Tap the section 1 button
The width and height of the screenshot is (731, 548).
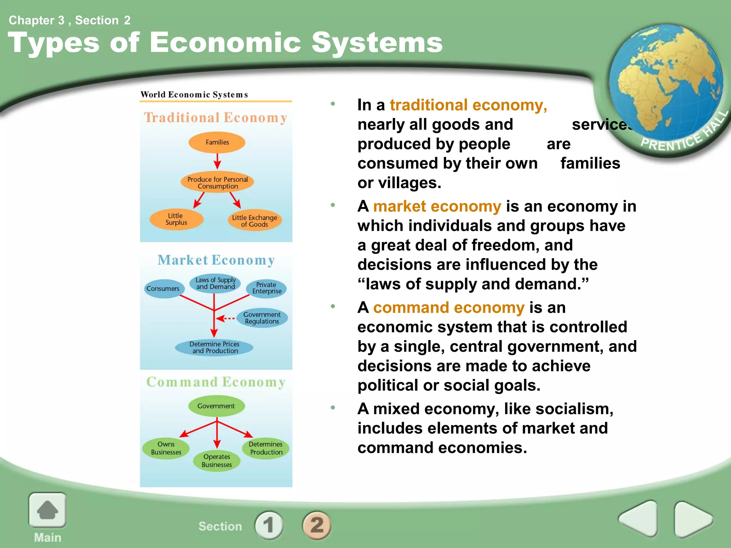269,525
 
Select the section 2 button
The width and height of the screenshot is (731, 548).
317,525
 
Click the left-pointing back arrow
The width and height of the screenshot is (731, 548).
639,519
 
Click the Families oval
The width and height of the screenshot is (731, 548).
217,142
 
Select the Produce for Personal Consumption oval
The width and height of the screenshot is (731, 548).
217,183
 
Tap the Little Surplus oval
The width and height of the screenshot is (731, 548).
176,219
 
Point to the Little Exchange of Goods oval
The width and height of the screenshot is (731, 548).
254,220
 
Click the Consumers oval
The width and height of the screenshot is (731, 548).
163,289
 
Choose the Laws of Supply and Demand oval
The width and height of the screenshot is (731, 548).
215,283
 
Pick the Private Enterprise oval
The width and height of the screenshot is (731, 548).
267,288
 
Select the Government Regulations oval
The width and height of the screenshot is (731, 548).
262,318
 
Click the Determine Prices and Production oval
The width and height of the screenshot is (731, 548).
214,347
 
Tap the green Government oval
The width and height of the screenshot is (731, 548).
216,406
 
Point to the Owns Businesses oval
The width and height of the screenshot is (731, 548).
166,448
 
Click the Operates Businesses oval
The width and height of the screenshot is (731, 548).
217,461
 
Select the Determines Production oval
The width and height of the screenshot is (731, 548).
266,448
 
